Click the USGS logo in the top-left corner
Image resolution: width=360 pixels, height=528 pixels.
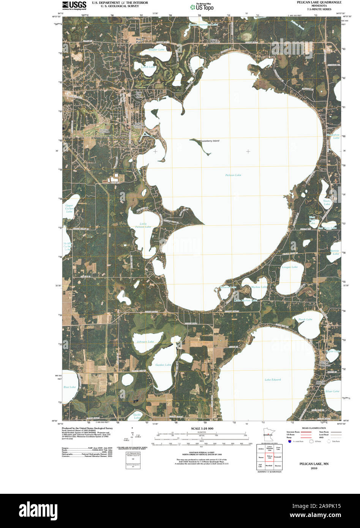click(74, 5)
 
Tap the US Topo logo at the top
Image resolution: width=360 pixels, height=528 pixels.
click(202, 6)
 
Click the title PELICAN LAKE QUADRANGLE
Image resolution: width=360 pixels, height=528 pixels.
click(314, 2)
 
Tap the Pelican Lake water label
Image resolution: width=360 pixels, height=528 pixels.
click(233, 175)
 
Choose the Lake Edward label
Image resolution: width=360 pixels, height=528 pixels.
click(273, 379)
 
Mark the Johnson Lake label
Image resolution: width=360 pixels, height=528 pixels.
click(145, 342)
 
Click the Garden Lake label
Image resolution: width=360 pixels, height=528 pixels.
click(163, 365)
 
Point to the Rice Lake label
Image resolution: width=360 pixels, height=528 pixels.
click(69, 387)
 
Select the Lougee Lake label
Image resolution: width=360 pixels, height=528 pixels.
click(289, 267)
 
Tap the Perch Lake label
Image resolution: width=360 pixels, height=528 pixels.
click(305, 319)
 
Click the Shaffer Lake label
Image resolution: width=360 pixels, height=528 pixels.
click(156, 50)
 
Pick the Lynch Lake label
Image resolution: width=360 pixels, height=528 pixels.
click(148, 67)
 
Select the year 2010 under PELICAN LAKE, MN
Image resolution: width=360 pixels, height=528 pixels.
click(314, 468)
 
